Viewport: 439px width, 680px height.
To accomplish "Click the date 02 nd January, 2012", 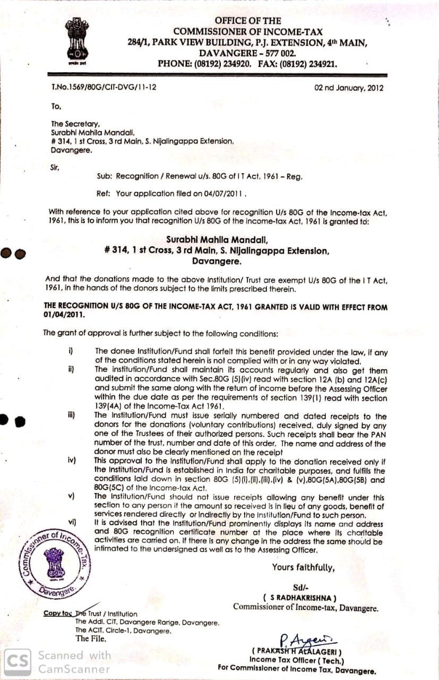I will point(349,88).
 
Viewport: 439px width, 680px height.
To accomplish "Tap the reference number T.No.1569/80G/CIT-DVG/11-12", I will point(104,87).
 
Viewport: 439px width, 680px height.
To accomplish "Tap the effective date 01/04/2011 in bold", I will point(64,314).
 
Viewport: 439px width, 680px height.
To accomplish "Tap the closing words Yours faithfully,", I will point(303,567).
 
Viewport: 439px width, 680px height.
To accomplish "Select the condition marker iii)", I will point(71,416).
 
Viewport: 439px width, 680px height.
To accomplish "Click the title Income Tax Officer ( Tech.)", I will point(297,660).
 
